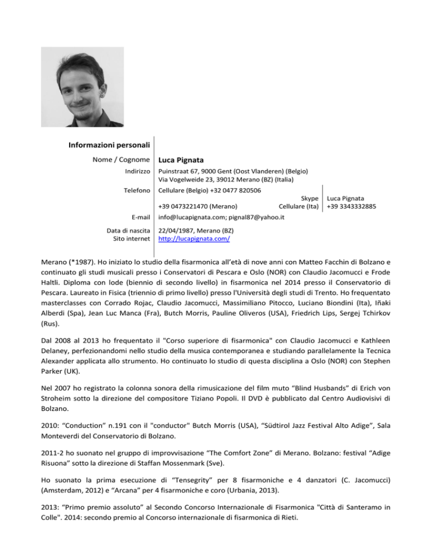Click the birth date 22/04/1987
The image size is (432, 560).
pyautogui.click(x=177, y=230)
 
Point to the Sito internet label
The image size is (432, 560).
pyautogui.click(x=130, y=238)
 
